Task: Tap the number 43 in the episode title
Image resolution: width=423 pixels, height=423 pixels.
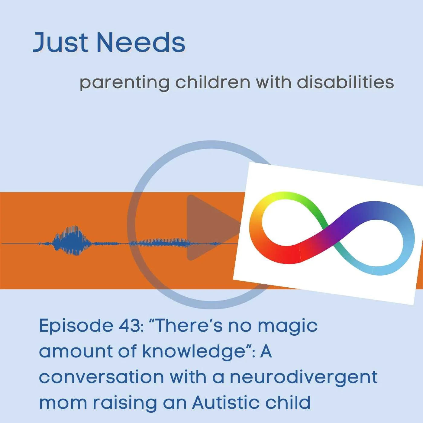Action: [129, 326]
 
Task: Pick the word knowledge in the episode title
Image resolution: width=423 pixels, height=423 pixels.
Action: [193, 352]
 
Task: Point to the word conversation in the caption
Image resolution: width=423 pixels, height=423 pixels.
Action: [101, 377]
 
